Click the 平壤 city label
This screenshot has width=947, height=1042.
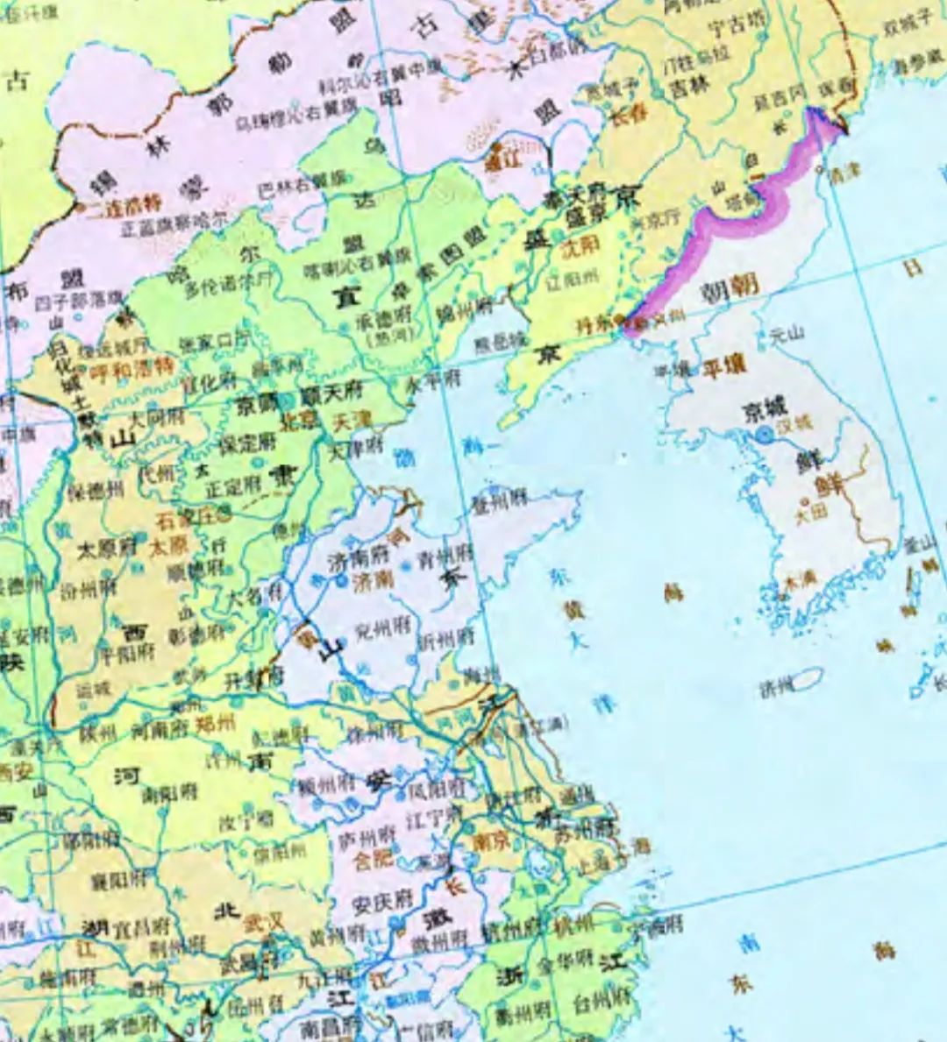coord(724,367)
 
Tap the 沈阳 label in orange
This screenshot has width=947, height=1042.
coord(580,246)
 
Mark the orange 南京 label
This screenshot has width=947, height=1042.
coord(490,840)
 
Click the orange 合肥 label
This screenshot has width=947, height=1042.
coord(373,858)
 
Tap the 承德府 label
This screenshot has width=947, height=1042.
coord(382,321)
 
